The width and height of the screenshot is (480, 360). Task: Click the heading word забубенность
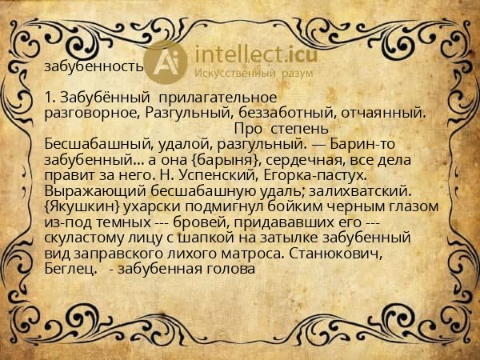click(x=94, y=66)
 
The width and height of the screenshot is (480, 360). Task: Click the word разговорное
click(x=94, y=113)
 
